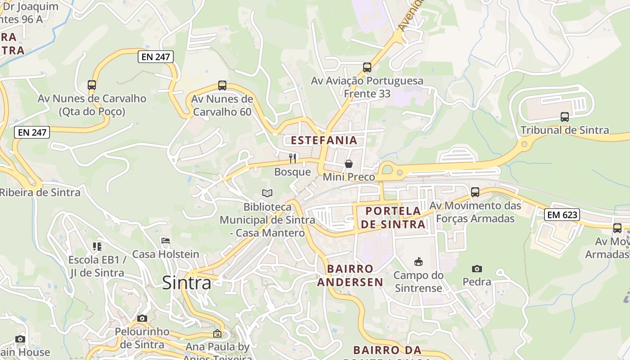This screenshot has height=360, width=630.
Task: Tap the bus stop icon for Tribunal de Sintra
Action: pos(564,117)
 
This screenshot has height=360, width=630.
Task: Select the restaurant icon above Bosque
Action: pos(292,158)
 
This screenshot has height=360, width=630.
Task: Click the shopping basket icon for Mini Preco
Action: pos(349,163)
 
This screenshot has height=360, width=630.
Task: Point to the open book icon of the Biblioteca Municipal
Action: pos(267,193)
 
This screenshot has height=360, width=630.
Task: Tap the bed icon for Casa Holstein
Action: pos(166,241)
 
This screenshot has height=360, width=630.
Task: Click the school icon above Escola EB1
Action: pos(97,246)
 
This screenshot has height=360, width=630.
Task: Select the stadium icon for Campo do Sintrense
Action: pos(418,261)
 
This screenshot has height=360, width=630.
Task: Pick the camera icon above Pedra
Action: pos(477,269)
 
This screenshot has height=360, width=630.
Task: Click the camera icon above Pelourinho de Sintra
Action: pos(142,318)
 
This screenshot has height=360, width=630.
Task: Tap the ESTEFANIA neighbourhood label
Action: pos(324,140)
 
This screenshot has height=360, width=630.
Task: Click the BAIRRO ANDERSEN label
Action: pos(350,275)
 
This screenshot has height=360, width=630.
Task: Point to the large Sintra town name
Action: pos(186,283)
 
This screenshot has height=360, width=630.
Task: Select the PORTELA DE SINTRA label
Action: pos(394,217)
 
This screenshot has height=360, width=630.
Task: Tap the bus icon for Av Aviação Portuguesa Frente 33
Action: pos(367,67)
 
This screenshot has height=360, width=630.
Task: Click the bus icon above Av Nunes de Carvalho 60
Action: pos(222,85)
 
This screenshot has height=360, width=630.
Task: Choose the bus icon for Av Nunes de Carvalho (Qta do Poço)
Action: pos(92,85)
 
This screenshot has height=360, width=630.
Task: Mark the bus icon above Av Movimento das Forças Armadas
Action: pos(475,192)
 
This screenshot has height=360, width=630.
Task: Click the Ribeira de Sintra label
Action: pos(40,193)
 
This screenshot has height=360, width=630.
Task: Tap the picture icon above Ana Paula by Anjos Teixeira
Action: pos(217,333)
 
